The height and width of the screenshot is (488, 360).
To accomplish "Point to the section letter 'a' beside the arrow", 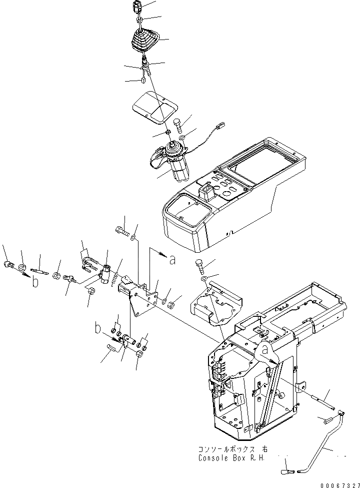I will (x=173, y=259).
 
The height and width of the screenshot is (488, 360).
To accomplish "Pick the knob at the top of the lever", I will (x=138, y=7).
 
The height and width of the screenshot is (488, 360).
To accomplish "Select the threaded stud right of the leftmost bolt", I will (x=39, y=271).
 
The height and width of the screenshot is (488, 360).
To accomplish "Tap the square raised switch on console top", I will (x=206, y=191).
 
